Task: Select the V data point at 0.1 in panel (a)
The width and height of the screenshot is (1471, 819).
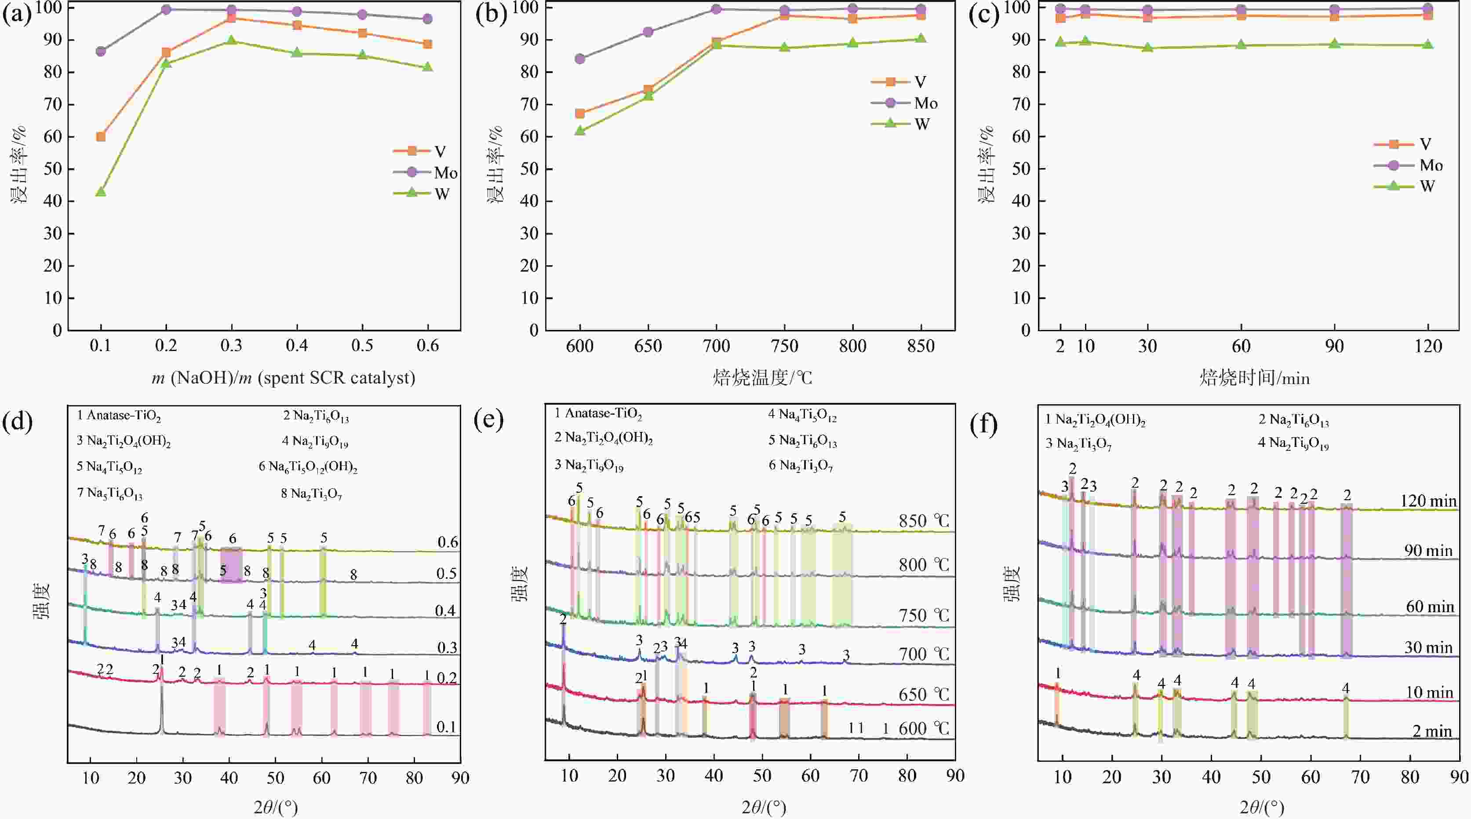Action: pyautogui.click(x=101, y=136)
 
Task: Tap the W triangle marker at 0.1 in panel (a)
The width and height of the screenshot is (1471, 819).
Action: pyautogui.click(x=101, y=191)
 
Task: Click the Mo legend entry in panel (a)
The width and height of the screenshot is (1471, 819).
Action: pyautogui.click(x=426, y=172)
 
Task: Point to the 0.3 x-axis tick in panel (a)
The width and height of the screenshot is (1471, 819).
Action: pyautogui.click(x=231, y=346)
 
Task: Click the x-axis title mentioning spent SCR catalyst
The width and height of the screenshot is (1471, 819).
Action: pyautogui.click(x=283, y=377)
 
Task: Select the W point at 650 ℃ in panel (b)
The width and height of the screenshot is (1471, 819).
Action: pyautogui.click(x=648, y=95)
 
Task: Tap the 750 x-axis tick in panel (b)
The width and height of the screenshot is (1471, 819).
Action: pyautogui.click(x=785, y=346)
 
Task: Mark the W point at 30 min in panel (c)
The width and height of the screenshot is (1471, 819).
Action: pyautogui.click(x=1148, y=48)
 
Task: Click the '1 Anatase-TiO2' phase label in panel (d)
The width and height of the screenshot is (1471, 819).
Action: pyautogui.click(x=119, y=416)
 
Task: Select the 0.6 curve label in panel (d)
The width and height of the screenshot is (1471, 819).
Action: pyautogui.click(x=448, y=542)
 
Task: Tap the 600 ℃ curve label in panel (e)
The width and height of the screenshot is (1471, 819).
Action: pyautogui.click(x=924, y=729)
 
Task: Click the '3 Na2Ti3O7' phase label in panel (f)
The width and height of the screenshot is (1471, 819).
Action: pyautogui.click(x=1078, y=444)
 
